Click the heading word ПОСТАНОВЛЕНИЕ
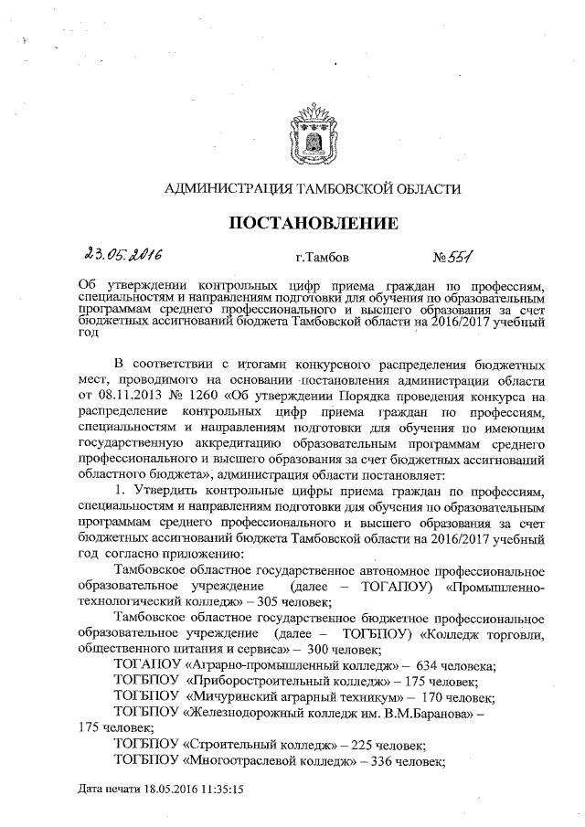[312, 222]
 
